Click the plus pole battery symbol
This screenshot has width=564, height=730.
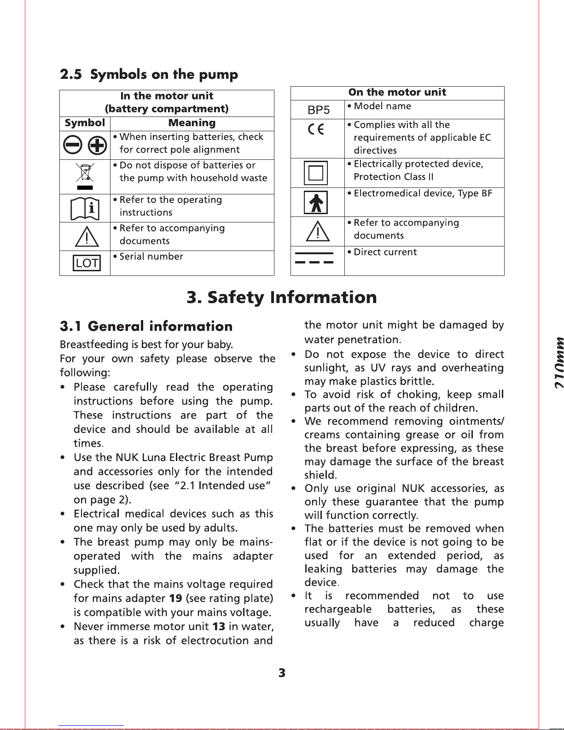tap(97, 146)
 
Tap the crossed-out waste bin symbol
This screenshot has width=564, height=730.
tap(85, 175)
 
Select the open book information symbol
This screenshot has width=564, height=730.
tap(85, 209)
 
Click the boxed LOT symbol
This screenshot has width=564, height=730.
tap(87, 263)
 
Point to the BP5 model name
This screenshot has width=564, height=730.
tap(319, 110)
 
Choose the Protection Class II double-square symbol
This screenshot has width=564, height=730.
tap(316, 173)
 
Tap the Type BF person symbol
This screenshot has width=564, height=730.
tap(316, 202)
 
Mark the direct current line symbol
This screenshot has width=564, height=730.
tap(314, 257)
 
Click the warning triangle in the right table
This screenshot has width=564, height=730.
tap(318, 231)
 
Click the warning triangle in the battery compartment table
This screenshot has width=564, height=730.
tap(87, 237)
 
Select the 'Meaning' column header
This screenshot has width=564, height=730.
tap(192, 123)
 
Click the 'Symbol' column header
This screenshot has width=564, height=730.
tap(85, 123)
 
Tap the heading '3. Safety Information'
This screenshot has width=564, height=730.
tap(282, 297)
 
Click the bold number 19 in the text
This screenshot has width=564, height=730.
tap(175, 598)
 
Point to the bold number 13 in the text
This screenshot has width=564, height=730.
tap(219, 626)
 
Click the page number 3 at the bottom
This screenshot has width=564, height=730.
tap(282, 673)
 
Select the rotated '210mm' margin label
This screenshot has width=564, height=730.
tap(558, 363)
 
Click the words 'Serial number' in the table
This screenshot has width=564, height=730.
tap(151, 257)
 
